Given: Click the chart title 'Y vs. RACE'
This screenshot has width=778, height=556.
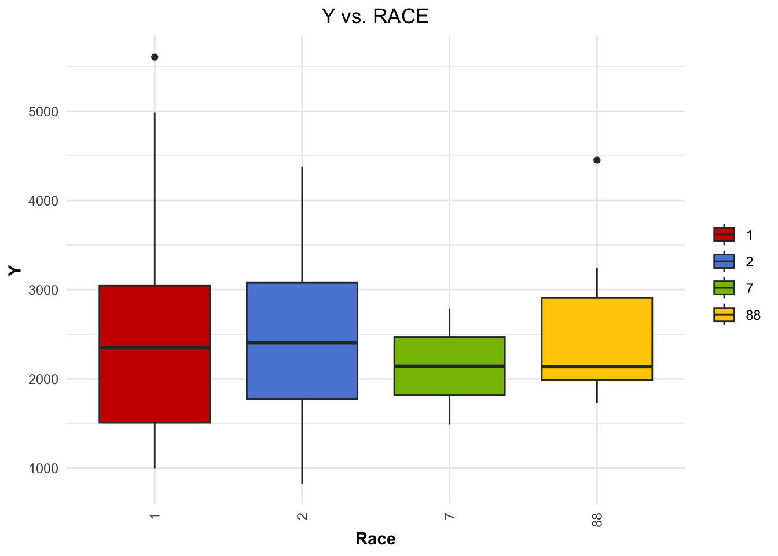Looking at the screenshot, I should click(x=375, y=16).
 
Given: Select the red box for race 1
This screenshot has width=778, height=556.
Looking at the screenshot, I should click(x=155, y=382).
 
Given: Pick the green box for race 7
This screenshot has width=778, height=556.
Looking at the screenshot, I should click(x=450, y=382).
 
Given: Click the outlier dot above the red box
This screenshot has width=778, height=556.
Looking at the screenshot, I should click(x=155, y=57).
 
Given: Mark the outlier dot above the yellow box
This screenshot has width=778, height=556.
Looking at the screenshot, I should click(x=597, y=160).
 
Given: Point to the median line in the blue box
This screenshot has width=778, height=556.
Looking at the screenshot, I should click(x=302, y=343).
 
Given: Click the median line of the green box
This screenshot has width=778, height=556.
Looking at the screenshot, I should click(x=450, y=366).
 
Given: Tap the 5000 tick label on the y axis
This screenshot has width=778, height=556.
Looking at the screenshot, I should click(x=43, y=112).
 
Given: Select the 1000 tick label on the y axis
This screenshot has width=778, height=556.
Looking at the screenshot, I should click(x=43, y=469).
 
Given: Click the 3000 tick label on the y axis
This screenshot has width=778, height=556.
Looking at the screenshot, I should click(x=43, y=290).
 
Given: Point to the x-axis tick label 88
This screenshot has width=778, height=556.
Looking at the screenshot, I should click(x=597, y=520).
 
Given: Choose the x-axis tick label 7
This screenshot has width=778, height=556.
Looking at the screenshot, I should click(x=450, y=515).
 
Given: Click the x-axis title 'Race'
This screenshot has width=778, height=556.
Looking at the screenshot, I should click(x=376, y=539).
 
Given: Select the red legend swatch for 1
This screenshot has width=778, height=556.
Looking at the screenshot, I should click(x=724, y=235).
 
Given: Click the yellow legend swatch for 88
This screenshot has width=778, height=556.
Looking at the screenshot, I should click(x=724, y=314).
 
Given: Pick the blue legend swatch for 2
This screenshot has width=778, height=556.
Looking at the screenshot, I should click(x=724, y=261).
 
